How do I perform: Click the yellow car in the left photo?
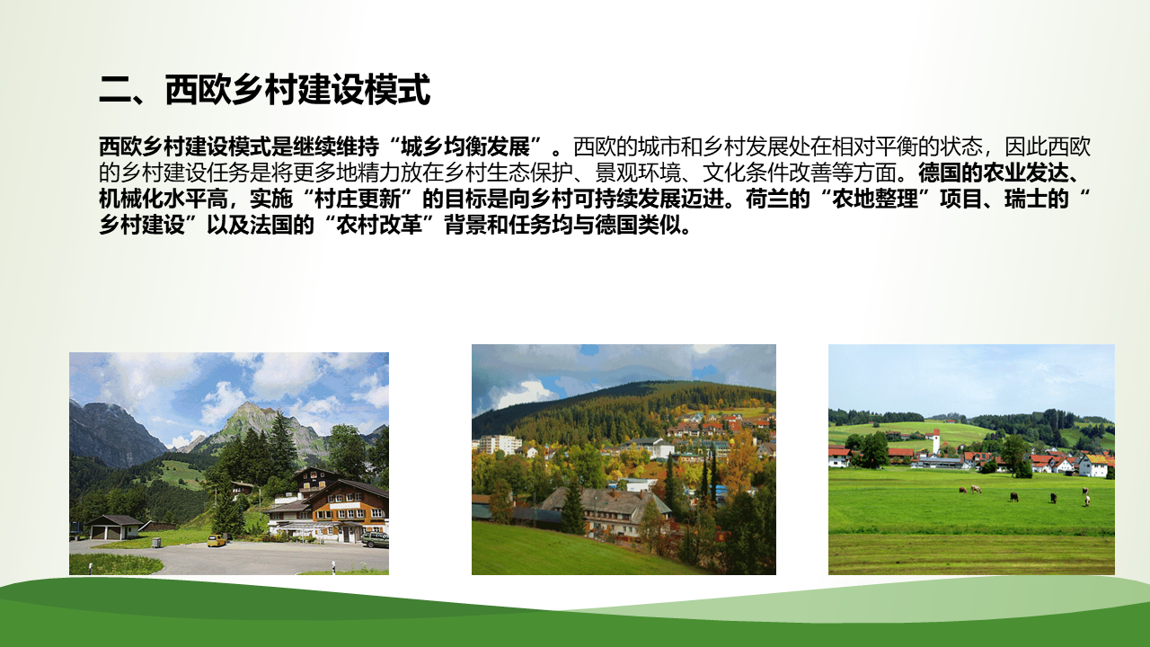(x=217, y=540)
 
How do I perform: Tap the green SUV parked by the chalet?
(x=376, y=540)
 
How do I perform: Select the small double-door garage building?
(x=113, y=527)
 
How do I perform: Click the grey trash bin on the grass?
(x=156, y=541)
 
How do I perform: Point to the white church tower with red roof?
(x=936, y=442)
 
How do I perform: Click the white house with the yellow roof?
(x=1093, y=465)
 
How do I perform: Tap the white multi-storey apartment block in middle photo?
(x=500, y=445)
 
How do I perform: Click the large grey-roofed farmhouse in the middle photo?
(x=606, y=509)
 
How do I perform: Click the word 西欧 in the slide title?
(x=197, y=91)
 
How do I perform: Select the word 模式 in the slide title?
(x=397, y=91)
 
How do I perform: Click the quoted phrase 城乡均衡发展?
(x=465, y=147)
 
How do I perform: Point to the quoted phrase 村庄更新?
(x=358, y=199)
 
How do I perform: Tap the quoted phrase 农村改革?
(x=379, y=226)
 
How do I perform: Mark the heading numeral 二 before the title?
(x=115, y=91)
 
